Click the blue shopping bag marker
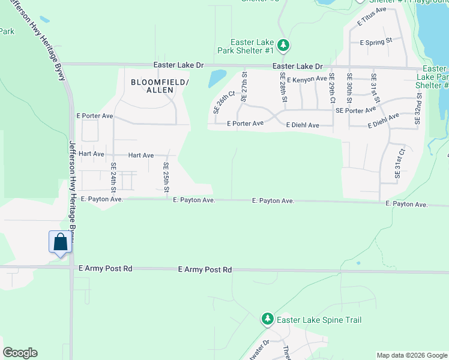pos(59,243)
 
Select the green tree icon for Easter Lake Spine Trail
pos(268,319)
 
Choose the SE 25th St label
pos(166,177)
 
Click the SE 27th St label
pos(244,85)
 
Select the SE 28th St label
pos(282,86)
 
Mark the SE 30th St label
pos(349,87)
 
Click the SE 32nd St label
pos(418,108)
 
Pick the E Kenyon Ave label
pos(307,79)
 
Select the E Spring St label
pos(376,41)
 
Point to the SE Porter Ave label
pos(356,110)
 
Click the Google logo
pos(20,353)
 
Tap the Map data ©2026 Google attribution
pos(411,355)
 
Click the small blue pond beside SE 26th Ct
pos(217,77)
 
